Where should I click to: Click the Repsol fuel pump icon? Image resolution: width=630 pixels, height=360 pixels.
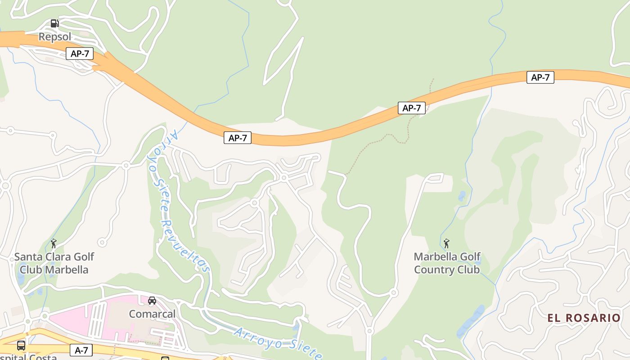pyautogui.click(x=54, y=23)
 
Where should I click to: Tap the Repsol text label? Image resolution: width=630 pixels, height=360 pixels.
pyautogui.click(x=55, y=36)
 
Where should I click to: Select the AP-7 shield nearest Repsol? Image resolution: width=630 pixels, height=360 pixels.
pyautogui.click(x=80, y=54)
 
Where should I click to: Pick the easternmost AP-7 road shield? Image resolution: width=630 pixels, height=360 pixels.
pyautogui.click(x=540, y=77)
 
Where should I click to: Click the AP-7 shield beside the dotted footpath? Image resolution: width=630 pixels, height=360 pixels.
pyautogui.click(x=411, y=108)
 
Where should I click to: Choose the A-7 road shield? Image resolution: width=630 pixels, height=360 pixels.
pyautogui.click(x=81, y=350)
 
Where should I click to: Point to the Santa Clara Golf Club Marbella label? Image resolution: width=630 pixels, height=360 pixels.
pyautogui.click(x=54, y=263)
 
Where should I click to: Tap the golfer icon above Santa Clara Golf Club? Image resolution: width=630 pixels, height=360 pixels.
pyautogui.click(x=54, y=243)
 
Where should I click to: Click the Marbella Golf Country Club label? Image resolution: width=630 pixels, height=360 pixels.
pyautogui.click(x=447, y=263)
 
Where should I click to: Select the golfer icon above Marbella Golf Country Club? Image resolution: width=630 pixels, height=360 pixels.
pyautogui.click(x=446, y=243)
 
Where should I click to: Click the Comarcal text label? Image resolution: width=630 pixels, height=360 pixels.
pyautogui.click(x=152, y=314)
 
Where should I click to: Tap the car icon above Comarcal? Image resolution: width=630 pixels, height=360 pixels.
pyautogui.click(x=152, y=301)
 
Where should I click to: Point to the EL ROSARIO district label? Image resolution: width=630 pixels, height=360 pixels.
pyautogui.click(x=584, y=318)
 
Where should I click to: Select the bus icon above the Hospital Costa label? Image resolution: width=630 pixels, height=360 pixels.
pyautogui.click(x=21, y=346)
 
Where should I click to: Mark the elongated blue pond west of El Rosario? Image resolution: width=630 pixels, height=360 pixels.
pyautogui.click(x=471, y=322)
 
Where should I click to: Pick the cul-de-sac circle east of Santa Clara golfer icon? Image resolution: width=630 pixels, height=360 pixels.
pyautogui.click(x=102, y=243)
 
